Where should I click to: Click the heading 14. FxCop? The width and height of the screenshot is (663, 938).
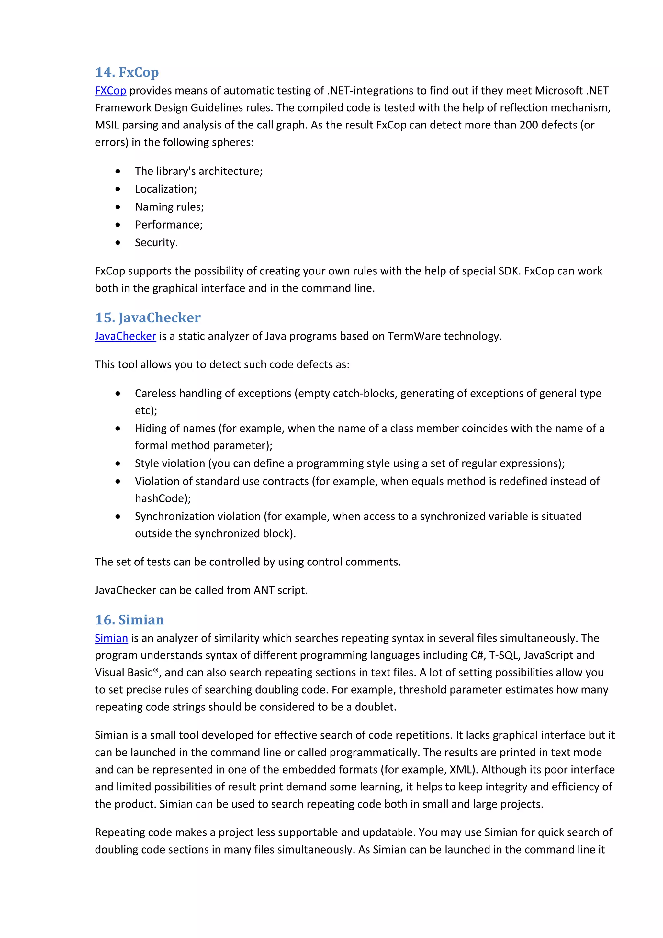(127, 72)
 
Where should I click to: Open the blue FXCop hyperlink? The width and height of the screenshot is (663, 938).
(110, 90)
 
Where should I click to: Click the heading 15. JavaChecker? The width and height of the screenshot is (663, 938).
(148, 318)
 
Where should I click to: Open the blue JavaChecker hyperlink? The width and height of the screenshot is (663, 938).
(125, 336)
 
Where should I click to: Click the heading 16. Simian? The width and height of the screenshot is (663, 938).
(129, 620)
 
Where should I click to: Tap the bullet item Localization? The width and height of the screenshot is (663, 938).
(166, 189)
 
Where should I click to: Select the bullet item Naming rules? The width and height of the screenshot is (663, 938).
(169, 207)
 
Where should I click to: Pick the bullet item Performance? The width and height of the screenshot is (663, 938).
(169, 225)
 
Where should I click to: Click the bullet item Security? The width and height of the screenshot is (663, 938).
(156, 243)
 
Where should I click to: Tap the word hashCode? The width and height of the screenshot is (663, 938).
(161, 498)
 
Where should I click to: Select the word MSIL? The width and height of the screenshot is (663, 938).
(107, 125)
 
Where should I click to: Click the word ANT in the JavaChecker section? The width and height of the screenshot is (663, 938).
(264, 590)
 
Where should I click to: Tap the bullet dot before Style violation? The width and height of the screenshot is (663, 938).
(118, 463)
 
